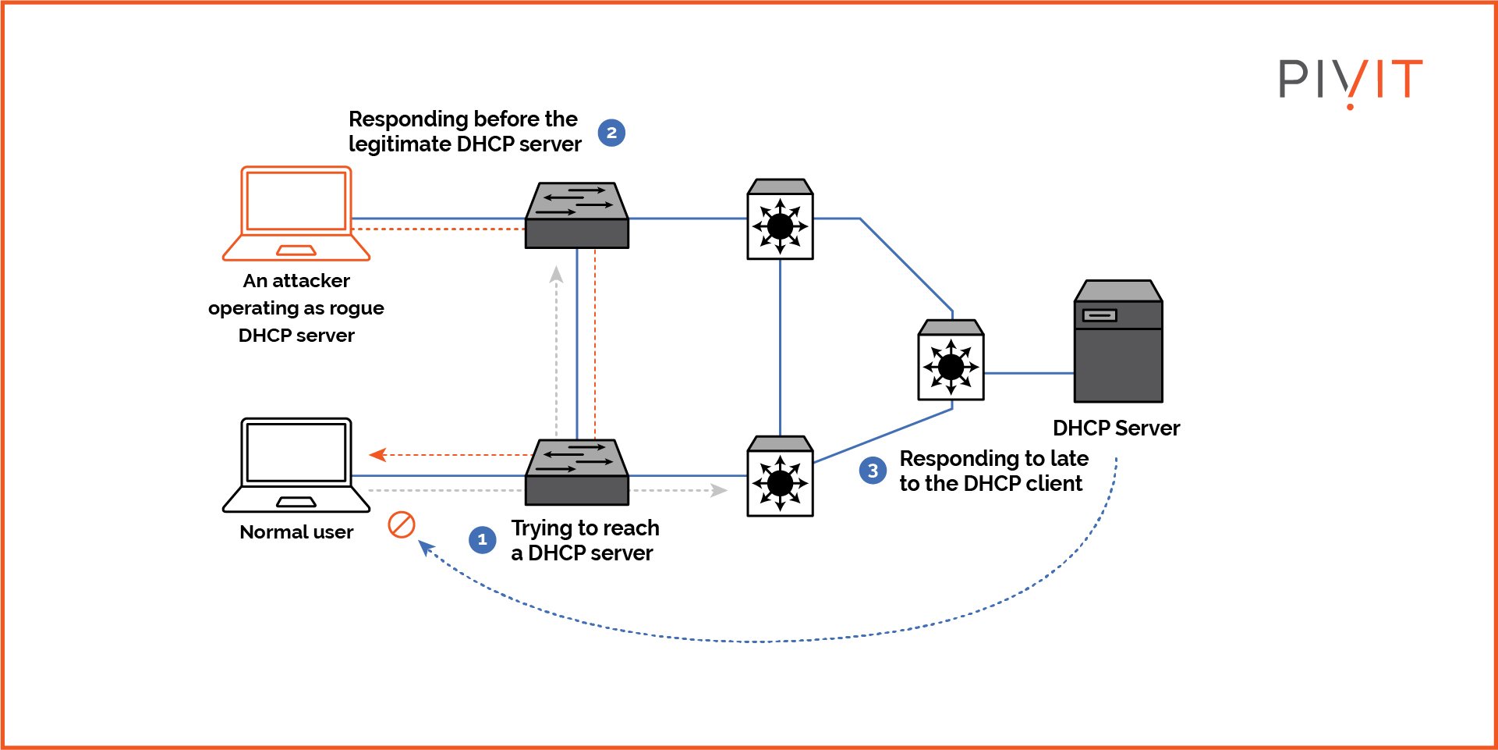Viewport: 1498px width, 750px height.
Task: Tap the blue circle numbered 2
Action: tap(611, 133)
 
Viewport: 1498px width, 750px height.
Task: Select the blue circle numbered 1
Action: tap(482, 539)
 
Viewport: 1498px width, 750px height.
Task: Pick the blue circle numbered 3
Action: tap(873, 471)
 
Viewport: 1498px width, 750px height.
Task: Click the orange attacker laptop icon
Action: tap(296, 213)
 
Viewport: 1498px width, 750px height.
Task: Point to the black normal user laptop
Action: tap(296, 465)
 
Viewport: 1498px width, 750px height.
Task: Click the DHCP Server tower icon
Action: tap(1118, 342)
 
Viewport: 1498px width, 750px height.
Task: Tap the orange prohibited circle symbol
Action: tap(402, 524)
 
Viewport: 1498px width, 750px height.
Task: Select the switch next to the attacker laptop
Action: tap(577, 216)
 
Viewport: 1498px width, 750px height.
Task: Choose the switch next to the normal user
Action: tap(577, 473)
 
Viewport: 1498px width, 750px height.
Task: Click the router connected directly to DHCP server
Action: tap(951, 361)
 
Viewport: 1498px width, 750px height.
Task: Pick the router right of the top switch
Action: tap(780, 220)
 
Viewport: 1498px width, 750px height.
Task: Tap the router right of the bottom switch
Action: tap(780, 477)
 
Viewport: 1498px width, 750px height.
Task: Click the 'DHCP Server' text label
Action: tap(1116, 428)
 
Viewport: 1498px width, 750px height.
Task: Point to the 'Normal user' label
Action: tap(296, 532)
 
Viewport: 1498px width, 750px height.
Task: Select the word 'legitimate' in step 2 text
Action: tap(399, 144)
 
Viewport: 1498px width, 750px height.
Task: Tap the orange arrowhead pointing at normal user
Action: tap(377, 454)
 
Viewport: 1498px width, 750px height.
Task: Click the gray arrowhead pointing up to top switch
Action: tap(556, 274)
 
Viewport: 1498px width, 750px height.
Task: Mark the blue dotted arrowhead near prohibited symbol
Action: tap(426, 547)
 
